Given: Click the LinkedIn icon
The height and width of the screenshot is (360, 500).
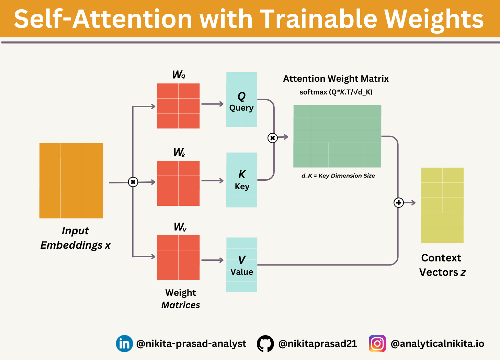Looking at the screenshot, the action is pos(124,344).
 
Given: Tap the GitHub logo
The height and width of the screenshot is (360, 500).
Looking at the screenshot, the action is pos(265,344).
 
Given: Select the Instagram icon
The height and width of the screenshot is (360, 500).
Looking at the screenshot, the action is pos(377,344).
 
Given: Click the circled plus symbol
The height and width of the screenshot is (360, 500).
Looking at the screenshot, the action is pos(398,203).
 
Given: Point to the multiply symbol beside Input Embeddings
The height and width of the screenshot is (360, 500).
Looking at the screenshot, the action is pos(133,182).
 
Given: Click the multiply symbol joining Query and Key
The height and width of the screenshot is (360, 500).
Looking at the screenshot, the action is pos(272,138).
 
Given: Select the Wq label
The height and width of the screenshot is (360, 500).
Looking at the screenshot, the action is pos(179,75).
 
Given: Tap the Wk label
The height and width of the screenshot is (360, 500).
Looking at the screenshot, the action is pos(179,153).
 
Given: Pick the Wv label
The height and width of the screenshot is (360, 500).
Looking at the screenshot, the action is pos(180,227).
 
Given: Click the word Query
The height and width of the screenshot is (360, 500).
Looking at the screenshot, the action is pos(241,108).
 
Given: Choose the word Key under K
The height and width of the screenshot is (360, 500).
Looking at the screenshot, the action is pos(242,187).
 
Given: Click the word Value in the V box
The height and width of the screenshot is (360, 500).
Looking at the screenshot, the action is pos(242,272).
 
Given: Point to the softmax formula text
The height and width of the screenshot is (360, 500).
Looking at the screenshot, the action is pos(336,92).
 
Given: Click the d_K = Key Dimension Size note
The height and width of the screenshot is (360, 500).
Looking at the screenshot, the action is pos(338,176).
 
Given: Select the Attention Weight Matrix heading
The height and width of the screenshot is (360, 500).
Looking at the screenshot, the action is pos(336,79).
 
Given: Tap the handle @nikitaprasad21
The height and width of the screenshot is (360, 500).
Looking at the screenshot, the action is pos(317,344).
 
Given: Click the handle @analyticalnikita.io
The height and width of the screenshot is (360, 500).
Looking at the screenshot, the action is pos(437,344).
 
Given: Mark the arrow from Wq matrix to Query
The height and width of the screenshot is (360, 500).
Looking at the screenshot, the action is pos(212,104).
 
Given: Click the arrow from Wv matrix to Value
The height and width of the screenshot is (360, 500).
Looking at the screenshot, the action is pos(212,260).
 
